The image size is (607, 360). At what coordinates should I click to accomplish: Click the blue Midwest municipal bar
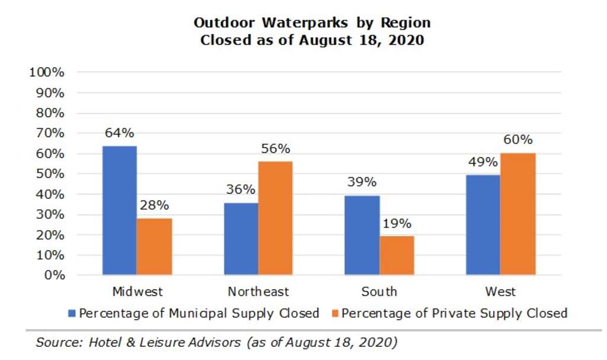click(x=119, y=210)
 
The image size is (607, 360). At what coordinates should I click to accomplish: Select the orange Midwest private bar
click(x=154, y=246)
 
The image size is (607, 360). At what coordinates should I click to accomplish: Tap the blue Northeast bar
click(x=241, y=238)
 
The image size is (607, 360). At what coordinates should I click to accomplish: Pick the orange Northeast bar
click(x=275, y=218)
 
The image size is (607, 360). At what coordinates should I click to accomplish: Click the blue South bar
click(x=362, y=235)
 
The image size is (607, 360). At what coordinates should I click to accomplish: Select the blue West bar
click(x=483, y=225)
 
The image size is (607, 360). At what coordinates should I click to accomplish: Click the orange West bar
click(x=518, y=214)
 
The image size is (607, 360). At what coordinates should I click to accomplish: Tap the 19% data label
click(x=397, y=224)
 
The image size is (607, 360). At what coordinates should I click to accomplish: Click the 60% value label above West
click(x=518, y=141)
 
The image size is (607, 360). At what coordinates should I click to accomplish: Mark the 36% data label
click(x=241, y=190)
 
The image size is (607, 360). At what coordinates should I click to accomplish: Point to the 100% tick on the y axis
click(x=46, y=72)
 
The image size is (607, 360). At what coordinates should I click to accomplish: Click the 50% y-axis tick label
click(x=49, y=174)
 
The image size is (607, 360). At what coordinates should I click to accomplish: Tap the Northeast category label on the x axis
click(x=258, y=292)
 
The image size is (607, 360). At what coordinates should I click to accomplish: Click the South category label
click(x=379, y=292)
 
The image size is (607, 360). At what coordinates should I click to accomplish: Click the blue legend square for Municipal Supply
click(x=72, y=313)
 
